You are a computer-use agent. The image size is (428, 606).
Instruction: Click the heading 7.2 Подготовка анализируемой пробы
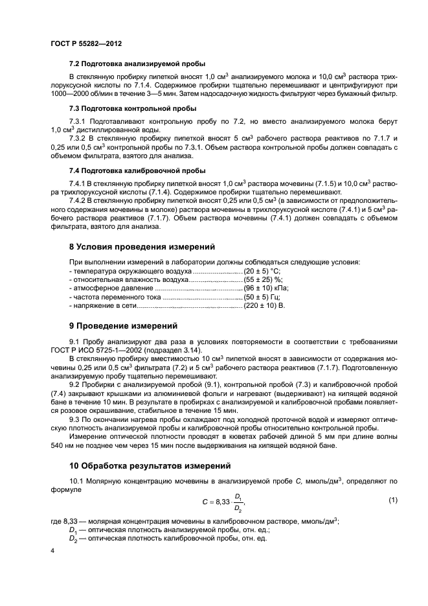(137, 64)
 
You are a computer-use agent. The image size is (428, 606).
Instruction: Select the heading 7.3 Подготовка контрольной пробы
(133, 108)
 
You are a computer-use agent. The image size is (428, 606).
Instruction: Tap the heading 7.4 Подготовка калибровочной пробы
(137, 170)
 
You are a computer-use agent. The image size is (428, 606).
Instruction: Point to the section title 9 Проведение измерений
(123, 325)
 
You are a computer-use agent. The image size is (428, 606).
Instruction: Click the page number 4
(53, 550)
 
